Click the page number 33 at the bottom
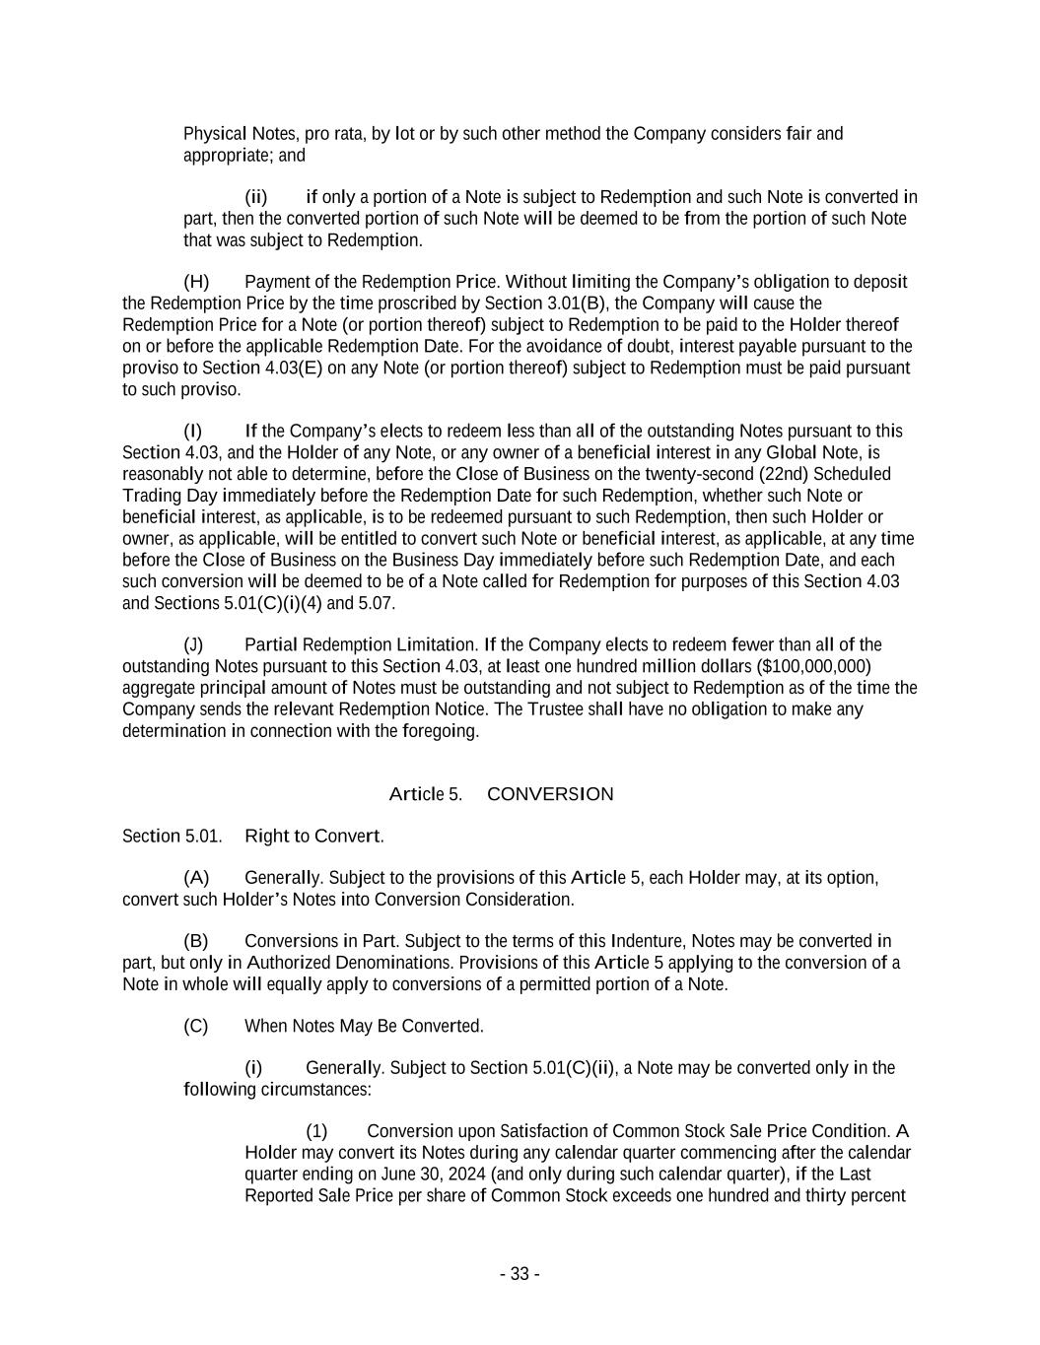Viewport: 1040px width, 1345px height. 520,1274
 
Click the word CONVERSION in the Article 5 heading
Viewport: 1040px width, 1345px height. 550,794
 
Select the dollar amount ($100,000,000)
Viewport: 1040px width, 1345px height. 813,666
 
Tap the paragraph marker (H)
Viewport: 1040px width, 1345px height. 196,282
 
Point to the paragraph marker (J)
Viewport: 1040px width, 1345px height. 194,644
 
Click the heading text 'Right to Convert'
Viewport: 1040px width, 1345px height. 312,837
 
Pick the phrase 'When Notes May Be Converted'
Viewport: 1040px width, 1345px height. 363,1027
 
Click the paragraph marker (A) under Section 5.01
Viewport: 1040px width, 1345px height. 196,878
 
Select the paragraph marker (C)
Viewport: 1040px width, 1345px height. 195,1027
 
